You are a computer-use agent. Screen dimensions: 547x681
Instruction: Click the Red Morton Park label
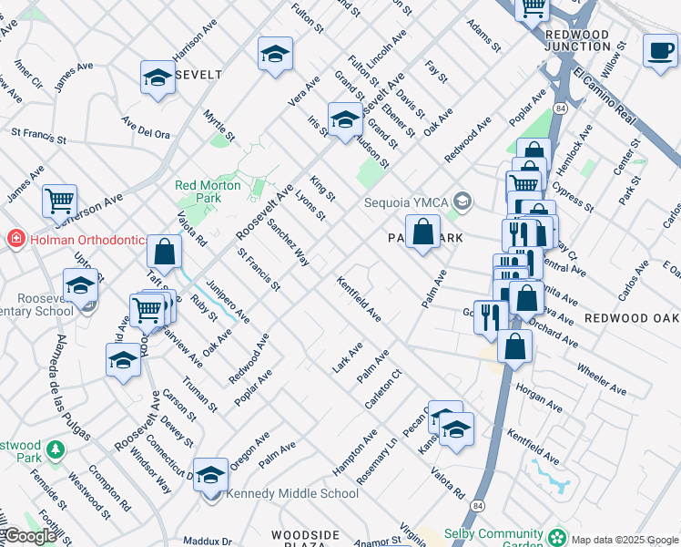point(208,191)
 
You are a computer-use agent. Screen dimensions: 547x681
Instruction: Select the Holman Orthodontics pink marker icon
point(15,240)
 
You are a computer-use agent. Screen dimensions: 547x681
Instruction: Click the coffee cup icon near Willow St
point(659,50)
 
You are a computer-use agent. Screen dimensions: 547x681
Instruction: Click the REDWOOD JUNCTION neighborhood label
point(578,40)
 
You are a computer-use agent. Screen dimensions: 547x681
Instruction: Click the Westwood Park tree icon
point(56,450)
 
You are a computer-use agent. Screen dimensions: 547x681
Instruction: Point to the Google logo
point(29,536)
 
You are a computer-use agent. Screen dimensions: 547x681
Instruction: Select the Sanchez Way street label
point(288,242)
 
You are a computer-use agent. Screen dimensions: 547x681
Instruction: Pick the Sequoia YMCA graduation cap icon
point(462,201)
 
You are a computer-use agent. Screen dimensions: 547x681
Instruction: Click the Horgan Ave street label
point(540,394)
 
